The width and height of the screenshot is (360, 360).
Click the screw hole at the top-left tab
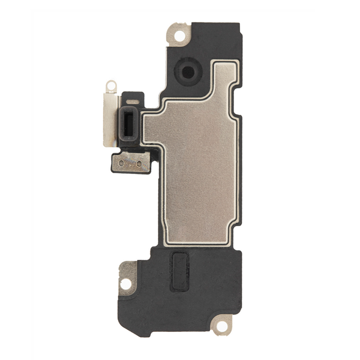(x=180, y=36)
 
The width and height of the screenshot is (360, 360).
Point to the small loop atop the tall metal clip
(x=111, y=85)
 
